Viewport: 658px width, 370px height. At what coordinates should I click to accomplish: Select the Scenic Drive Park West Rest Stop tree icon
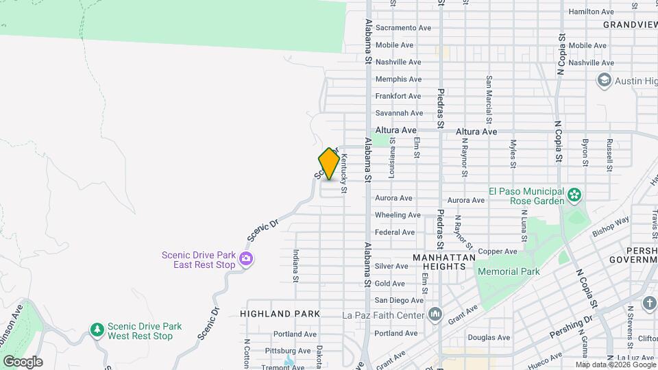click(97, 331)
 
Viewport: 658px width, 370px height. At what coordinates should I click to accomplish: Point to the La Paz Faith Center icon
click(435, 315)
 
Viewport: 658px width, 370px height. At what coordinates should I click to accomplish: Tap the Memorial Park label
click(509, 271)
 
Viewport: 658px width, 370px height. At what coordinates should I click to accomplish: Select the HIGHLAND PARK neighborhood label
click(280, 313)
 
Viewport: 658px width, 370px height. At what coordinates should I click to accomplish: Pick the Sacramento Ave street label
click(404, 28)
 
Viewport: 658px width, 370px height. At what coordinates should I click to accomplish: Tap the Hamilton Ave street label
click(591, 12)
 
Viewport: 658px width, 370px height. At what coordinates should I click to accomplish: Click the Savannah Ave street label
click(399, 113)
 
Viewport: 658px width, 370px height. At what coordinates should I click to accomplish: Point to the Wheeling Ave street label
click(398, 215)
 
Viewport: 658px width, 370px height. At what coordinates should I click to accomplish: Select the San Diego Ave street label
click(399, 300)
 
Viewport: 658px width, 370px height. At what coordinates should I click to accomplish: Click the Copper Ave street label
click(498, 251)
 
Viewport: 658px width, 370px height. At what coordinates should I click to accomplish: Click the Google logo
click(23, 361)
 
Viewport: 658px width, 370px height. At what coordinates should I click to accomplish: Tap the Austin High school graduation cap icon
click(604, 81)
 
